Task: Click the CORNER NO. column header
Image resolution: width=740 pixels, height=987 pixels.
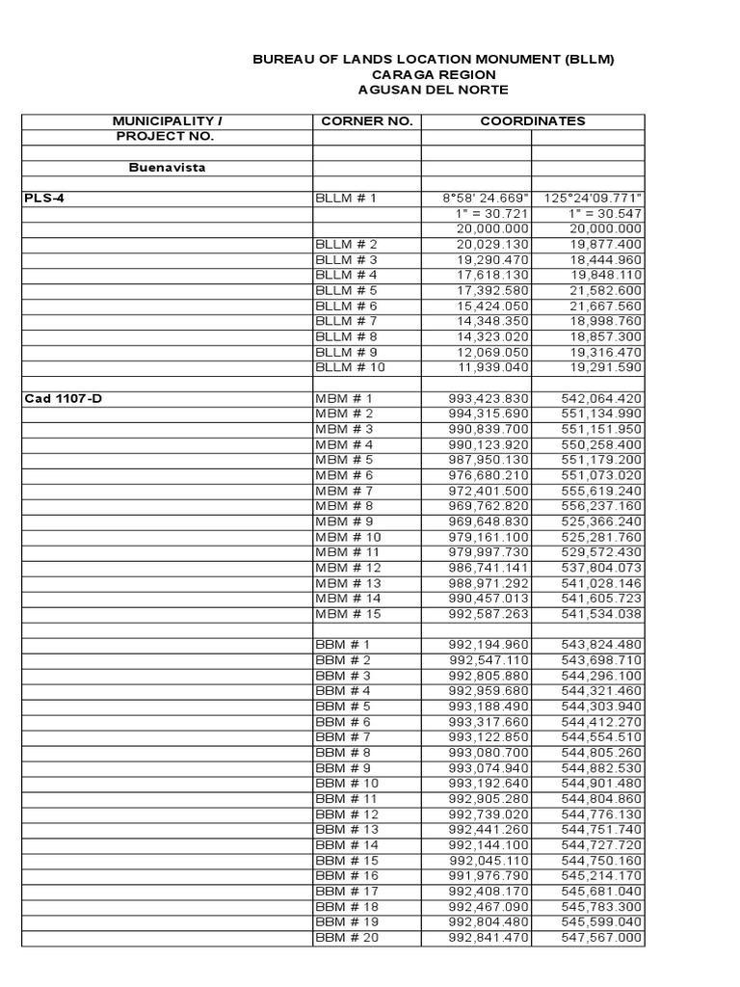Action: (x=366, y=121)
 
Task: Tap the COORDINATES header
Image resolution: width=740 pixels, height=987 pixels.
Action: (x=533, y=121)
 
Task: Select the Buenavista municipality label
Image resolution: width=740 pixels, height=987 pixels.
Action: (x=168, y=168)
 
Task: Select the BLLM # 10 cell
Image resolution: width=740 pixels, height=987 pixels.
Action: (x=352, y=367)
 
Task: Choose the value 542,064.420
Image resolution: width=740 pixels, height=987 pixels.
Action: (x=601, y=398)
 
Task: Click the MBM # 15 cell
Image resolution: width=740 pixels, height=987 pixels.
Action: (x=348, y=613)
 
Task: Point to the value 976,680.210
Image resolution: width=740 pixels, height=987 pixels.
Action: (x=489, y=475)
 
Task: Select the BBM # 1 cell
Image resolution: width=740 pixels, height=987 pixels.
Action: (x=343, y=644)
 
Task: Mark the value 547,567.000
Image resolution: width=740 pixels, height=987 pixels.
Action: (x=601, y=937)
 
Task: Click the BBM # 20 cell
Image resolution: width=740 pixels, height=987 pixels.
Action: (x=347, y=937)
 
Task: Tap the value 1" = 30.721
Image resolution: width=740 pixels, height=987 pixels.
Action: (x=491, y=214)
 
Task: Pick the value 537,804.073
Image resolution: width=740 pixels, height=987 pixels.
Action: (x=601, y=568)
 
